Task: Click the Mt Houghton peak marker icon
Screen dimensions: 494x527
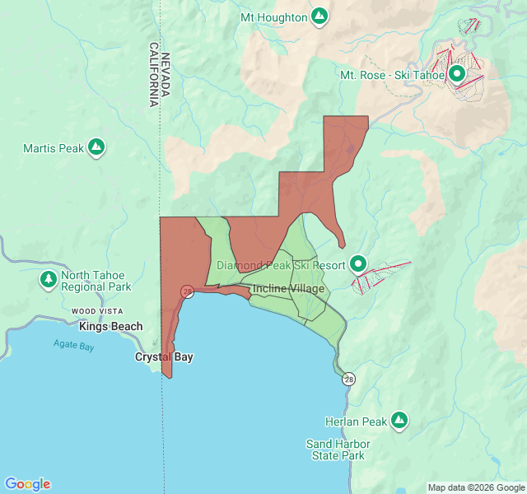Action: [x=319, y=16]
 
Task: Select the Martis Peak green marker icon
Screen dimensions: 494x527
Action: [x=97, y=148]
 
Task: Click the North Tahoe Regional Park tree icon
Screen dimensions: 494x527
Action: [x=49, y=281]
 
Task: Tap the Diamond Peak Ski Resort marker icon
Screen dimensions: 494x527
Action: [x=358, y=265]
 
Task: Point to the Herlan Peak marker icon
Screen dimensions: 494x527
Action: [x=399, y=422]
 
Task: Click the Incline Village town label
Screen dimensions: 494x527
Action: [x=288, y=289]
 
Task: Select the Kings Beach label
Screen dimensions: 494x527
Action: [x=110, y=327]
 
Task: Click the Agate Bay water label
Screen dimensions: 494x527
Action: [x=74, y=346]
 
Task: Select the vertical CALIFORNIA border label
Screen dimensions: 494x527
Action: [x=153, y=75]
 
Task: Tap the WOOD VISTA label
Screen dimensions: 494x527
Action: [x=97, y=311]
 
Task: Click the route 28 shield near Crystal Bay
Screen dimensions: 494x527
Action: [x=188, y=291]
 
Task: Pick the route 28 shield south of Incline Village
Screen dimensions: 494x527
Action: [x=349, y=380]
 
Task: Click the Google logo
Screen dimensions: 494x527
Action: [x=27, y=484]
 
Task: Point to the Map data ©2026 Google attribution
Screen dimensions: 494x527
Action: [x=474, y=487]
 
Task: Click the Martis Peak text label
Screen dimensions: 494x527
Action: [x=54, y=148]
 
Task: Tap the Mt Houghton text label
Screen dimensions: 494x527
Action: [x=273, y=16]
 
